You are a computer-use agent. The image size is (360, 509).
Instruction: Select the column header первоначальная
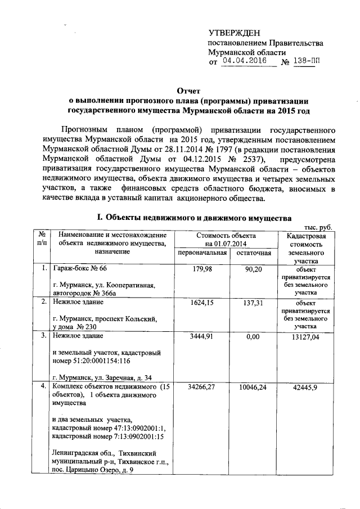[x=202, y=253]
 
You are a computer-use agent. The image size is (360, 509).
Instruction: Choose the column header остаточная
[x=254, y=253]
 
